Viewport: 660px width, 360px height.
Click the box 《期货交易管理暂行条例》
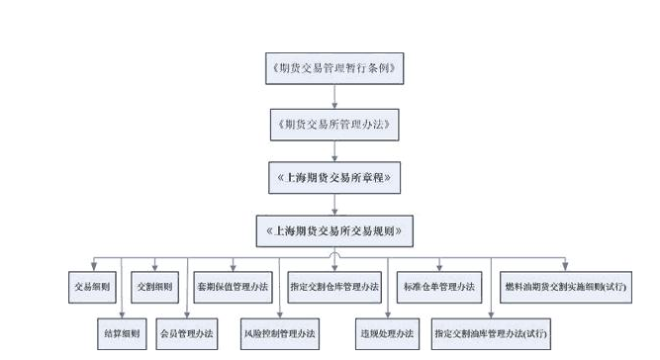[x=335, y=70]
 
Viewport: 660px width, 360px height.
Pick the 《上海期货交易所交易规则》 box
[x=335, y=231]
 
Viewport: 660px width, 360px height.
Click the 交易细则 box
[x=92, y=287]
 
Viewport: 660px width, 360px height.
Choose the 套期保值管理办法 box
[x=233, y=287]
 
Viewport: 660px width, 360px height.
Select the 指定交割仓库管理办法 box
[x=334, y=287]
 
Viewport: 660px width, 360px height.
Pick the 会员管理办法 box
[x=187, y=333]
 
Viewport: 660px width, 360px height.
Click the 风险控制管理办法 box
[x=280, y=333]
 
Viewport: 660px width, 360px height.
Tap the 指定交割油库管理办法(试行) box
[x=490, y=333]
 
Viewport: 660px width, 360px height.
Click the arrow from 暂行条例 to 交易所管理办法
[x=335, y=97]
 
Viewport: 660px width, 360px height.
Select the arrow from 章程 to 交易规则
[x=335, y=205]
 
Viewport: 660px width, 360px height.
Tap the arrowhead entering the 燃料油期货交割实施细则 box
[x=565, y=268]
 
